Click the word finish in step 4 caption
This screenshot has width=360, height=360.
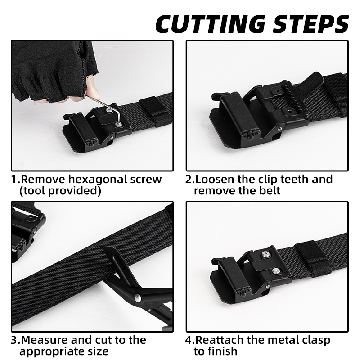[225, 351]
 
